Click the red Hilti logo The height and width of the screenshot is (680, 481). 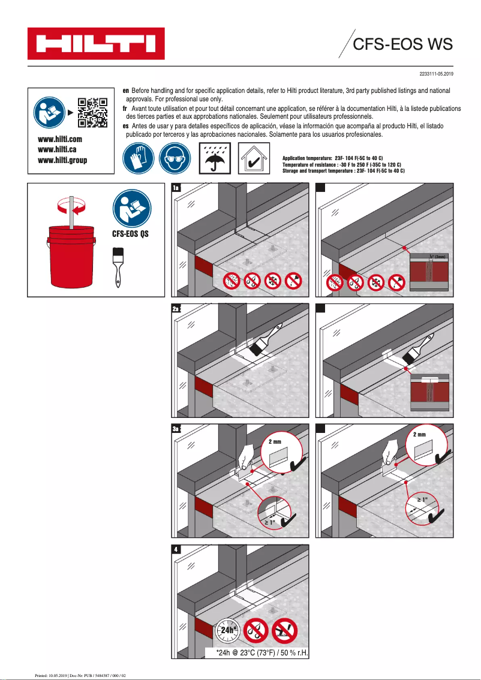click(95, 44)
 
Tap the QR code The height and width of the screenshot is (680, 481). click(92, 113)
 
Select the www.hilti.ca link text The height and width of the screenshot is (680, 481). click(56, 149)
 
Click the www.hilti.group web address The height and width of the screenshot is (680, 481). click(62, 160)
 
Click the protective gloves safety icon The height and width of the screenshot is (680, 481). click(137, 158)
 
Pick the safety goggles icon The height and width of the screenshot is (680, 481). click(175, 158)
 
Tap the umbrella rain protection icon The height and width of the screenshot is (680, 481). click(213, 158)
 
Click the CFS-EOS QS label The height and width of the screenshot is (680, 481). click(130, 234)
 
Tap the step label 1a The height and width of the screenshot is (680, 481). click(176, 188)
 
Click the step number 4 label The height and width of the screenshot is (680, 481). click(176, 549)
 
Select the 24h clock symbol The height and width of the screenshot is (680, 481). click(227, 630)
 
